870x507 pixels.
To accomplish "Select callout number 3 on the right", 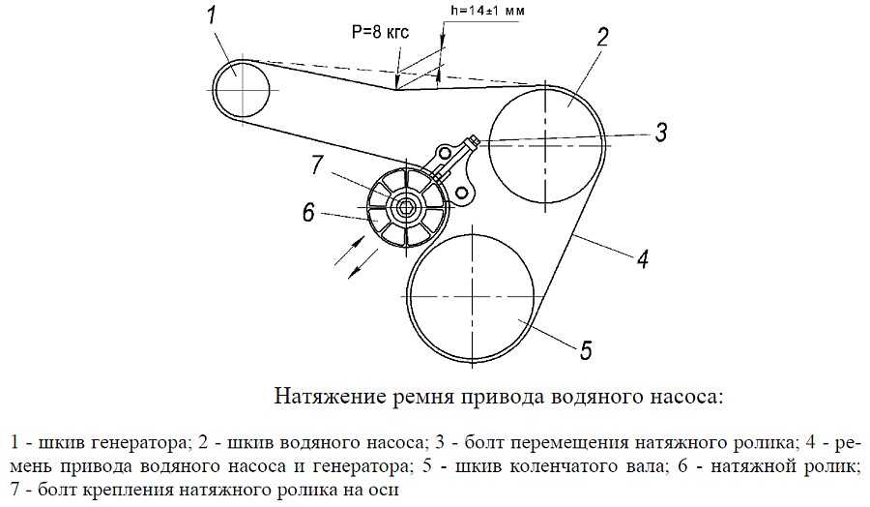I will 661,132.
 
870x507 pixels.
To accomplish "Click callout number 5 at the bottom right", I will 586,348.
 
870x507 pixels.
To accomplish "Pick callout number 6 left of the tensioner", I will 308,212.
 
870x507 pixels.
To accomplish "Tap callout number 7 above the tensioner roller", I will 316,165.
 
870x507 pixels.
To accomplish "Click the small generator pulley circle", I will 242,90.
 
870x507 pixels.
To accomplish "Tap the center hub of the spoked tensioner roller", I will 405,206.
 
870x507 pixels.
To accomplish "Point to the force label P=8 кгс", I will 380,33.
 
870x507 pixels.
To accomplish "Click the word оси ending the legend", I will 383,490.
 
